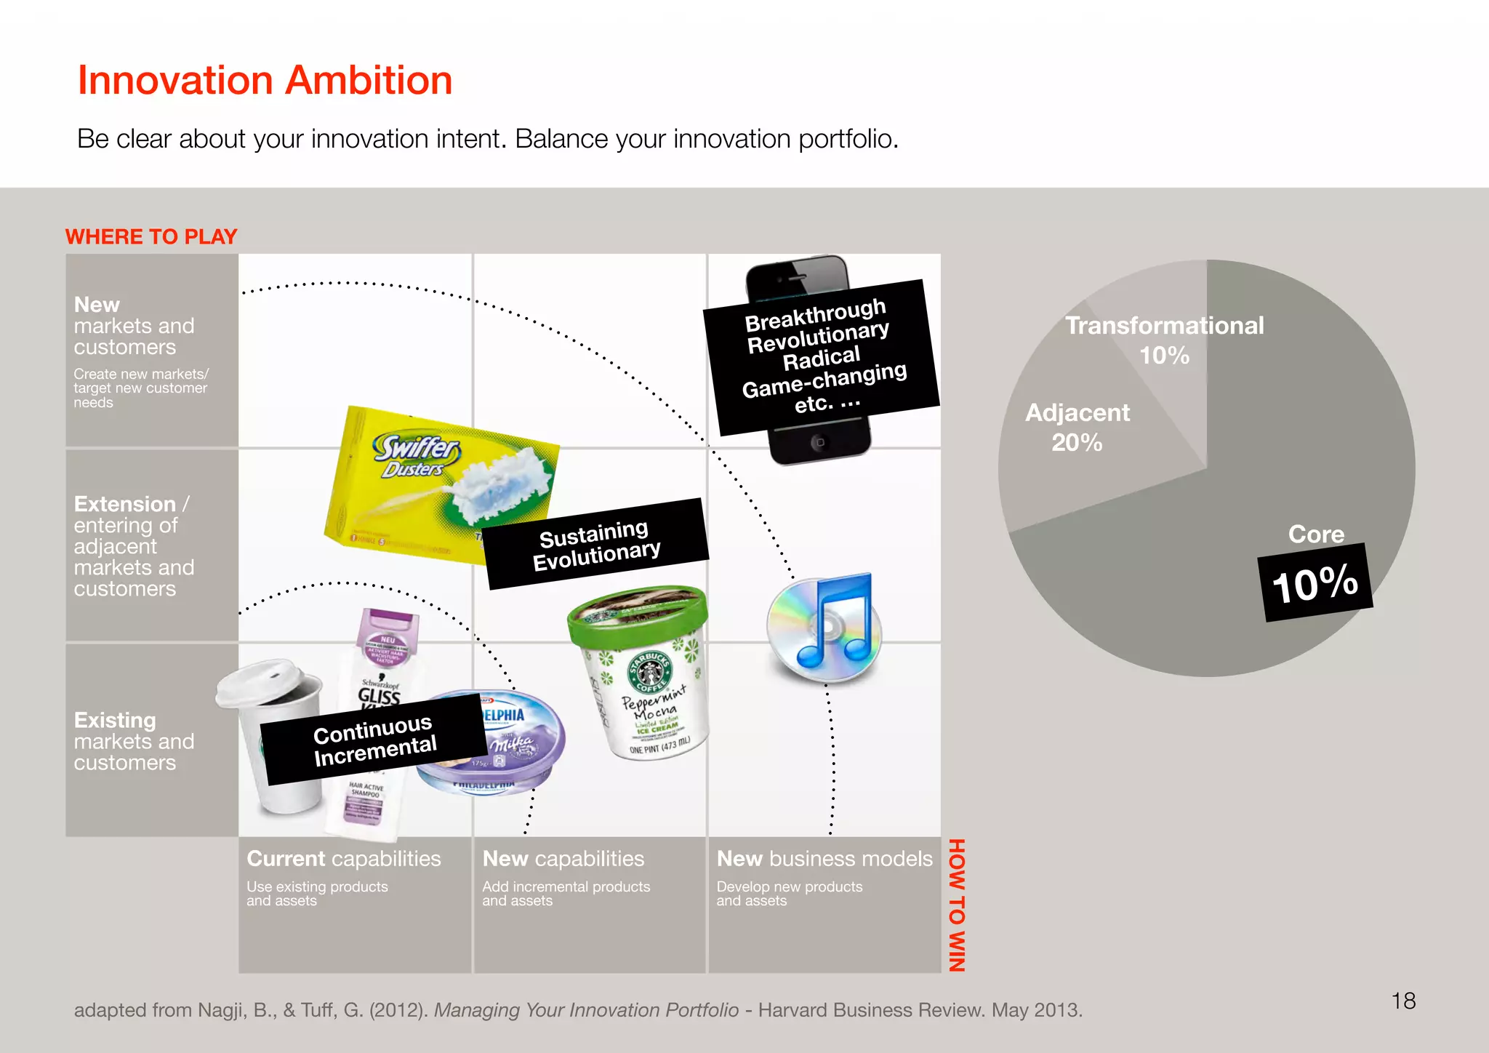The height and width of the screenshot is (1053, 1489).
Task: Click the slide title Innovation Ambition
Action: pos(265,80)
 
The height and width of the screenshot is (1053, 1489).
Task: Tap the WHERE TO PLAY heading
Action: pos(151,236)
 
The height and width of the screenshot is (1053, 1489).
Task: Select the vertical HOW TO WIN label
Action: pos(957,905)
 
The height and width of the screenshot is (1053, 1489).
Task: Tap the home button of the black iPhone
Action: pos(819,441)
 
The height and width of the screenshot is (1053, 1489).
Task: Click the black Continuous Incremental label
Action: pos(374,739)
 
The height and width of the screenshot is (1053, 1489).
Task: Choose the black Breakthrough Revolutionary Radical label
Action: pos(822,356)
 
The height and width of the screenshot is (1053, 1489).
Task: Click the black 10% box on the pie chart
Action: pos(1315,582)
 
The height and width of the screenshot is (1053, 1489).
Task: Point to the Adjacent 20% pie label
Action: pos(1077,427)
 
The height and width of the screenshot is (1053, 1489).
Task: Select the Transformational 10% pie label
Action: pos(1164,340)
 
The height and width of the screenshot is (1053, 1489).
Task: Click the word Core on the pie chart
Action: pos(1316,534)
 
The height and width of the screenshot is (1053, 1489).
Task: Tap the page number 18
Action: pos(1403,1001)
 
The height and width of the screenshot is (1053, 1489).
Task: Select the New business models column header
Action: pos(824,859)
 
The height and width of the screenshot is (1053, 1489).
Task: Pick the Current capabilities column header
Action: pos(343,859)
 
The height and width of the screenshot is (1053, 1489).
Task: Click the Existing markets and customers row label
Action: pos(134,741)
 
